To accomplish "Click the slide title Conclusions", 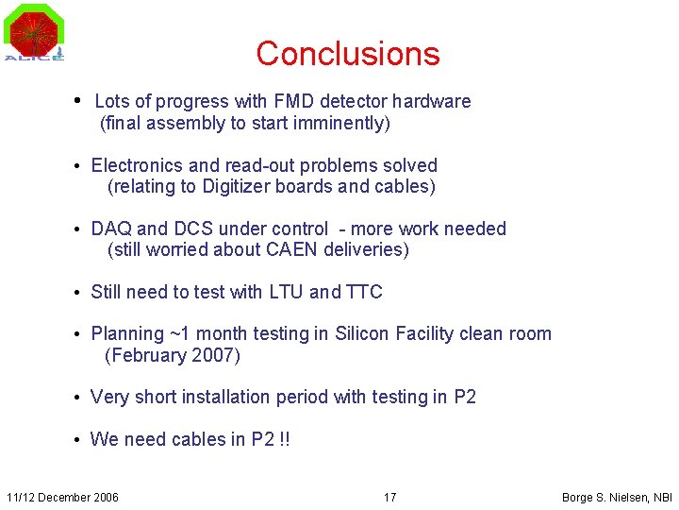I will (347, 53).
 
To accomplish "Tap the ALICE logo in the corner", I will (35, 33).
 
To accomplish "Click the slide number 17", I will (389, 497).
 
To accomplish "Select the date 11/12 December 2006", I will (62, 497).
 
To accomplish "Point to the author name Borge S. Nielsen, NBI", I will (617, 497).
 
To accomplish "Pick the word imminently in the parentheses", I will (343, 124).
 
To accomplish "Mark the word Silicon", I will (363, 333).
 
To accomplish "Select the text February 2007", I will (173, 356).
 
